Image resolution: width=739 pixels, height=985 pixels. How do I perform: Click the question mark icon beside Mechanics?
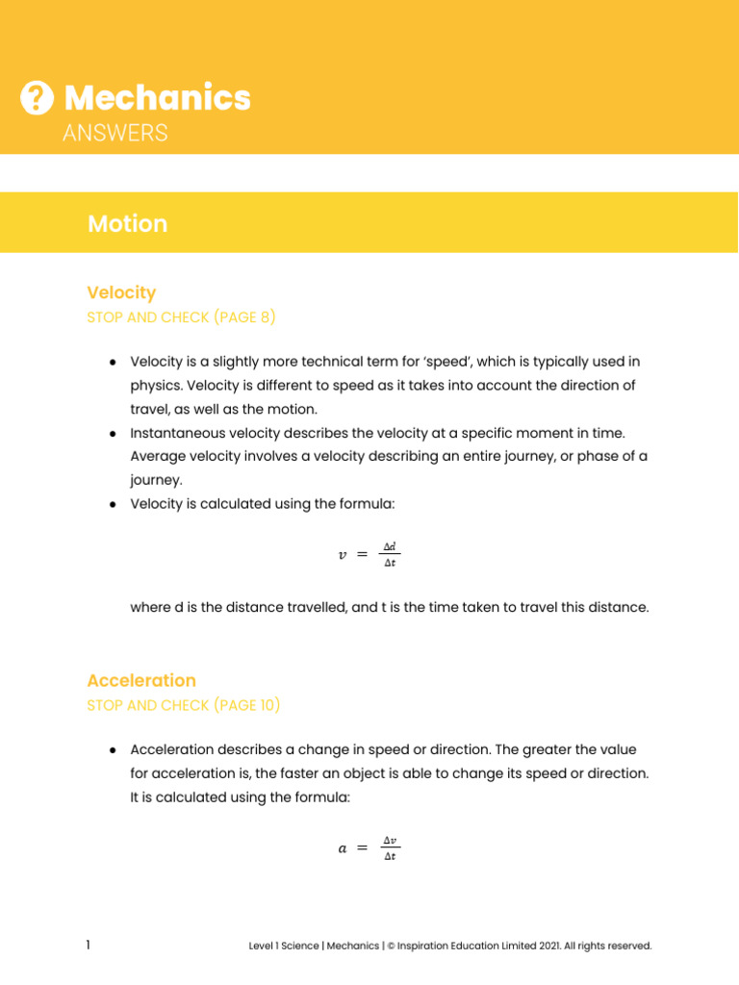[x=37, y=97]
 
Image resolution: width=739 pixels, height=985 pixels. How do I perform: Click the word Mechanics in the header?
[x=157, y=97]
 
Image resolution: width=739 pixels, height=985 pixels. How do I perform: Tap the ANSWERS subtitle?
[x=115, y=134]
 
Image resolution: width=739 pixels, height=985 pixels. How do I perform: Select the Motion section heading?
[x=127, y=224]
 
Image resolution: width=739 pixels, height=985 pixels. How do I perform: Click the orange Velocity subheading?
[x=121, y=292]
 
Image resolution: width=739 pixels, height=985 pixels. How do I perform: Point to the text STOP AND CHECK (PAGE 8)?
[x=182, y=316]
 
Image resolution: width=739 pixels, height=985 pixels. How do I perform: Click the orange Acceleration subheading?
[x=141, y=681]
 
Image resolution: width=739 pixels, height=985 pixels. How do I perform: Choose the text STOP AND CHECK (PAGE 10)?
[x=184, y=705]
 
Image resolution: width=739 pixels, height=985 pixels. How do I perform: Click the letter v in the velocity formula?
[x=343, y=555]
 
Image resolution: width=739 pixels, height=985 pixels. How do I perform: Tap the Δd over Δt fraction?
[x=390, y=555]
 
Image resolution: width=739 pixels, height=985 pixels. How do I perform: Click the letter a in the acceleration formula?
[x=343, y=848]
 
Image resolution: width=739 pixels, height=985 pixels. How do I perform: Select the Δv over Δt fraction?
[x=390, y=848]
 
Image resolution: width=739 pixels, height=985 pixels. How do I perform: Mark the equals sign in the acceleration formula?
[x=362, y=848]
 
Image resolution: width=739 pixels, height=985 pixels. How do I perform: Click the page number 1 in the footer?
[x=89, y=946]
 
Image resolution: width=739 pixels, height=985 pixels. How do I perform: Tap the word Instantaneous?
[x=173, y=433]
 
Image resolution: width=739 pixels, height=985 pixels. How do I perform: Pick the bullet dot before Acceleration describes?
[x=113, y=749]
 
